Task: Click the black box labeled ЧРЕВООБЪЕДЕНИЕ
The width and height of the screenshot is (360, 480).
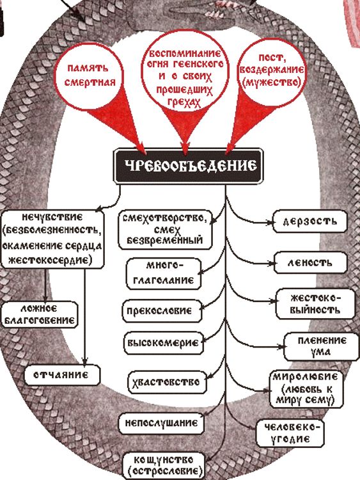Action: (189, 166)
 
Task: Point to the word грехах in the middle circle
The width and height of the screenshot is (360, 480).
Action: (184, 103)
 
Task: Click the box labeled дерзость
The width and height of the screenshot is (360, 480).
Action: (310, 221)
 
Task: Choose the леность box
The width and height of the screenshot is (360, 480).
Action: (311, 262)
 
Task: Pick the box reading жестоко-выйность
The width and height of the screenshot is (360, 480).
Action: (315, 304)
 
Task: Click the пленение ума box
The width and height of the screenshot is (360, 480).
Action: (322, 347)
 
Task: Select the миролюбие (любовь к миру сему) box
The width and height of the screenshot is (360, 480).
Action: (306, 389)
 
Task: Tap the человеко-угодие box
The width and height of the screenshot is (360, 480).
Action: (290, 433)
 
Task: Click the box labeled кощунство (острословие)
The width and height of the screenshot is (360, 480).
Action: (164, 465)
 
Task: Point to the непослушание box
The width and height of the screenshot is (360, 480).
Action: (162, 424)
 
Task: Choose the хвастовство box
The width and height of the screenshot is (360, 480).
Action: (168, 382)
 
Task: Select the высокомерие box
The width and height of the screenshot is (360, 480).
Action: (163, 343)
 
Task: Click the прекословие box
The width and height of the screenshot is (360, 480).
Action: (162, 311)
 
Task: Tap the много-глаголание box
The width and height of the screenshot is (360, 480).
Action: (164, 273)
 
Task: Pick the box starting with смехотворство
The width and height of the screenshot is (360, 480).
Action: (165, 229)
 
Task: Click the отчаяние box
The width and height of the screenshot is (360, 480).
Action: (62, 374)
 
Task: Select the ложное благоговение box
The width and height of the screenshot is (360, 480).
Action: (40, 315)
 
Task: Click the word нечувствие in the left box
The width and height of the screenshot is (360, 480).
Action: (52, 218)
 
